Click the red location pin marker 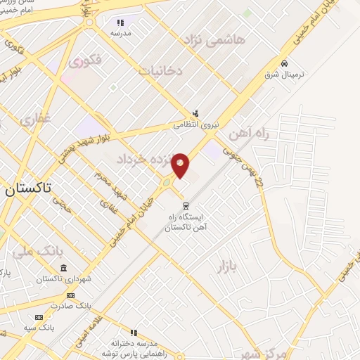click(181, 165)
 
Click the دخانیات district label click(161, 71)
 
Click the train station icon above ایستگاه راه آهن click(186, 206)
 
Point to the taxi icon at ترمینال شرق click(283, 62)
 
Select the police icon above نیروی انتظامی click(196, 112)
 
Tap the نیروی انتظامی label click(196, 124)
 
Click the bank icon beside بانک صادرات click(70, 296)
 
